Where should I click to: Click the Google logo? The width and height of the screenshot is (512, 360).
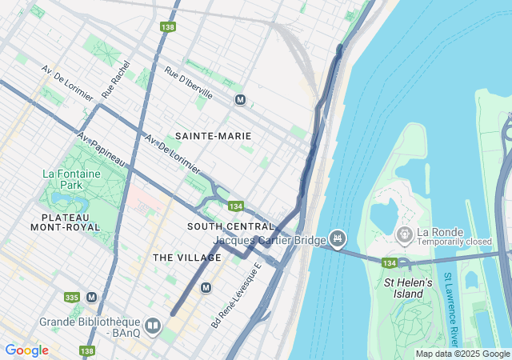(26, 350)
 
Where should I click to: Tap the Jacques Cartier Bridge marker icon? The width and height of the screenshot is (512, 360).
(338, 238)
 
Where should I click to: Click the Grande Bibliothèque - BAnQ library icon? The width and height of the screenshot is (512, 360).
(153, 326)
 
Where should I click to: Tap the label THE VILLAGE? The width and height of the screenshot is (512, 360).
(186, 258)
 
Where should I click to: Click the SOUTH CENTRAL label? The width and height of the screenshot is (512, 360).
(230, 226)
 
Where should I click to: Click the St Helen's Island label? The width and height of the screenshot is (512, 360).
(408, 288)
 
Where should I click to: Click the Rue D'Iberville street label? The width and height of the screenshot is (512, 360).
(189, 82)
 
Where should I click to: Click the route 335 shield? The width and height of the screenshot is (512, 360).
(72, 298)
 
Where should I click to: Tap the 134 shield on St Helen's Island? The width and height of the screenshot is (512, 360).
(389, 263)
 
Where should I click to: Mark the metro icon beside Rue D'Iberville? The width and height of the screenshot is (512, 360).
(240, 100)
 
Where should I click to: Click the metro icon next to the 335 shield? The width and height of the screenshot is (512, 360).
(91, 297)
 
